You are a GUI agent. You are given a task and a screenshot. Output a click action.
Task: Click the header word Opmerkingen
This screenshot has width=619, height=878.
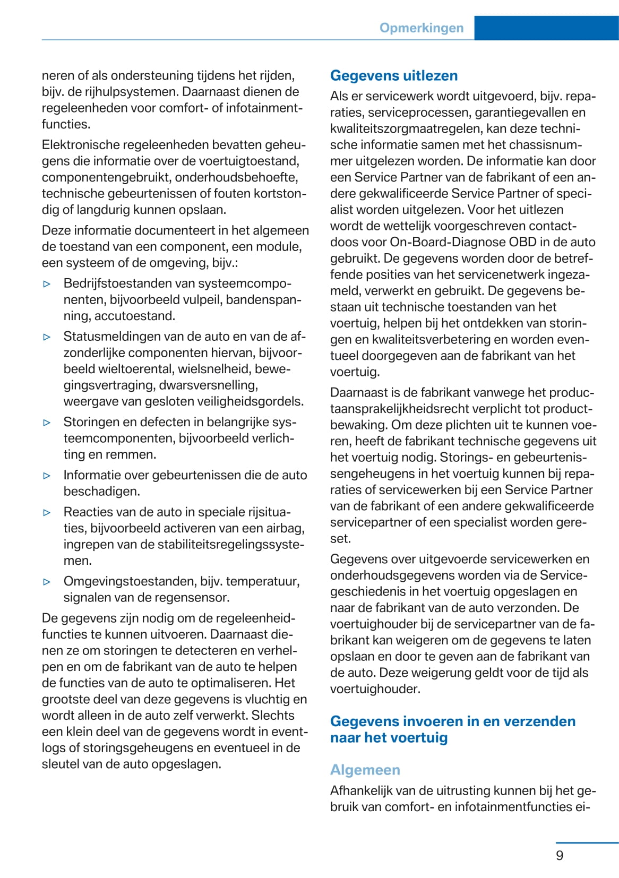click(421, 28)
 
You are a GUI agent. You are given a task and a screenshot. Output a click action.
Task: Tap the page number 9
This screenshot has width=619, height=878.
click(560, 855)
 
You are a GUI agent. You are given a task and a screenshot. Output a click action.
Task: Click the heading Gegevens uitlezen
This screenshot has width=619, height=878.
click(393, 75)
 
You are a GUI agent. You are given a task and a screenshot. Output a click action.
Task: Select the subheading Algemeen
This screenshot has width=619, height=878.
click(365, 770)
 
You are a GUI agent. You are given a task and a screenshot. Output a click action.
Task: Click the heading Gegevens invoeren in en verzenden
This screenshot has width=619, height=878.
click(452, 721)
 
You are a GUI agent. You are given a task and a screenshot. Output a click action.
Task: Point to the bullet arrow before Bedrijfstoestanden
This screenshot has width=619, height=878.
click(47, 284)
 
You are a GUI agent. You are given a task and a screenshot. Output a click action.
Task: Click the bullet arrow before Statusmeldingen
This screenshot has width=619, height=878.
click(47, 337)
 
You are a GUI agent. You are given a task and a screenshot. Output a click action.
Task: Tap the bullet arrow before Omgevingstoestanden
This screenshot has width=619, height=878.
click(47, 582)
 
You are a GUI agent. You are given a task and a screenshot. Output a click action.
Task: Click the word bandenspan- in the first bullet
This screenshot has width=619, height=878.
click(263, 299)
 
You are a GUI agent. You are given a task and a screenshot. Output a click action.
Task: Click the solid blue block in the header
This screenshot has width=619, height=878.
click(546, 28)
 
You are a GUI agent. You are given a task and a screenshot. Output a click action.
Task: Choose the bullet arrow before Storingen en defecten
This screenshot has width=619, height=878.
click(47, 423)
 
